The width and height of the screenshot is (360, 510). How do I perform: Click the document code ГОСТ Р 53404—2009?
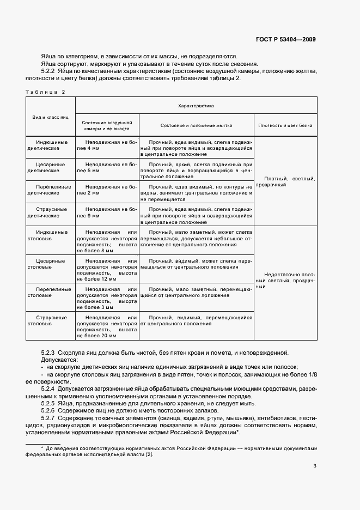pos(285,39)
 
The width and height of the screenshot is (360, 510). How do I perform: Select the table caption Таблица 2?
pos(45,92)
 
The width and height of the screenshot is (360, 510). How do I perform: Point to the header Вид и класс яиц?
pos(50,118)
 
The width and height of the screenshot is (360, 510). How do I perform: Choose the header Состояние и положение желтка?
pos(196,125)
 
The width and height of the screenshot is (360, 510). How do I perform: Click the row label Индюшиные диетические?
pos(50,144)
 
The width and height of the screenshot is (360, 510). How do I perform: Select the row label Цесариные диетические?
pos(50,167)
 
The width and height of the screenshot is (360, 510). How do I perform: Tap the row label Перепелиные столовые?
pos(50,292)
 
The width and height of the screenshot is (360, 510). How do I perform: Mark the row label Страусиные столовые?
pos(50,320)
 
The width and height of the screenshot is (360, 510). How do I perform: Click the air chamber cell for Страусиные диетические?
pos(107,212)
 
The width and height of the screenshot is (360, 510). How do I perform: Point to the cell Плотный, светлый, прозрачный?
pos(285,181)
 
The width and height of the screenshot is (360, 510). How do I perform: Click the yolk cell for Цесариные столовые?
pos(196,264)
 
